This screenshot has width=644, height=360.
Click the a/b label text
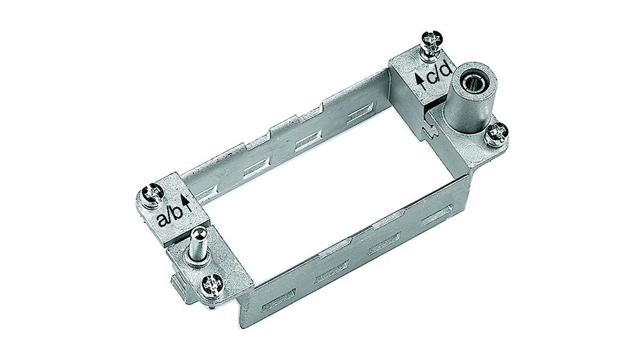point(170,216)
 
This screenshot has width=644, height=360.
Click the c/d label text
point(439,73)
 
